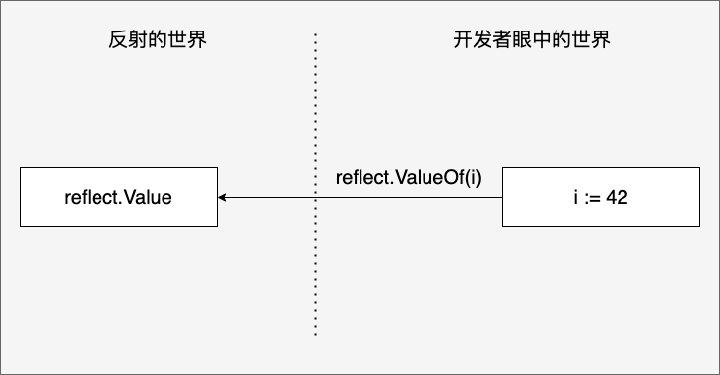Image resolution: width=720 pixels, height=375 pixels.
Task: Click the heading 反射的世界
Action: [x=158, y=39]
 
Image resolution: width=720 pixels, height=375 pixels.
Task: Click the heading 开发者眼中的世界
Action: [x=532, y=39]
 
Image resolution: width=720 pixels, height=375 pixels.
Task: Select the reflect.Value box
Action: [x=118, y=198]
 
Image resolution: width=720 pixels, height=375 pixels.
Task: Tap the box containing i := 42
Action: [x=601, y=198]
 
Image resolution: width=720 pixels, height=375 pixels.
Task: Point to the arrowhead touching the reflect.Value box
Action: [x=222, y=198]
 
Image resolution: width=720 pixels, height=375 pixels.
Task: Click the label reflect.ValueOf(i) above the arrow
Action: [x=408, y=177]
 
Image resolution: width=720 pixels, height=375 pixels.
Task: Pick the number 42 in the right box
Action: [x=617, y=198]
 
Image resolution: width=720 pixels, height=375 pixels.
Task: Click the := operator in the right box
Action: [x=593, y=198]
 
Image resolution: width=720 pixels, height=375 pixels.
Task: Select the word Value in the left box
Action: [x=148, y=198]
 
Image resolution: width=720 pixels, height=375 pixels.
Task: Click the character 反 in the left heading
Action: [x=118, y=39]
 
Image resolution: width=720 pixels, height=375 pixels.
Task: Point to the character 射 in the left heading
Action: [x=138, y=39]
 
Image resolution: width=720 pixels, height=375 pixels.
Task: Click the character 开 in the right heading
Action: [x=463, y=39]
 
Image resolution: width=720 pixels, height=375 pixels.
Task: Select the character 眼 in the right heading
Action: [x=522, y=39]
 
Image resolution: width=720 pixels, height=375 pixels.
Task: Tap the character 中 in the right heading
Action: [x=542, y=39]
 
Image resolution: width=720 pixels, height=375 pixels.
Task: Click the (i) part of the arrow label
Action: [x=473, y=178]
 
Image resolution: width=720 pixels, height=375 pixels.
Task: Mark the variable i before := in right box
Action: [x=576, y=198]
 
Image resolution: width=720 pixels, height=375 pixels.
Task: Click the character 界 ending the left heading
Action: [x=197, y=39]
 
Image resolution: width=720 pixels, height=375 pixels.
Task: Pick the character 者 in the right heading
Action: [x=502, y=39]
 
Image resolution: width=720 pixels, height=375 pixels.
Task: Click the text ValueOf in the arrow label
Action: [x=429, y=177]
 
